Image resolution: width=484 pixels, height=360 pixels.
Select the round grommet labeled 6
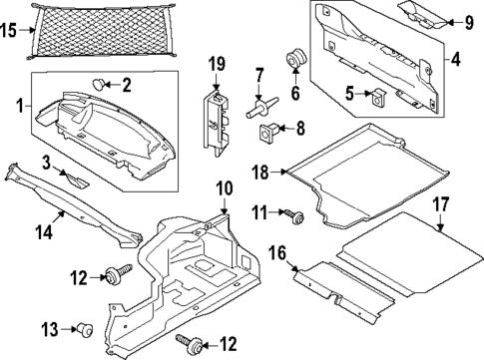294,60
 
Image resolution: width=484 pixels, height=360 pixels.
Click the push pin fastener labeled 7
256,107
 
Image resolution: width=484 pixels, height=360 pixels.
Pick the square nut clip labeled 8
268,130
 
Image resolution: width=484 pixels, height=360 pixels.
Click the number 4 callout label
455,61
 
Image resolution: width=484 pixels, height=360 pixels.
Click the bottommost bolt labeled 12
194,345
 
